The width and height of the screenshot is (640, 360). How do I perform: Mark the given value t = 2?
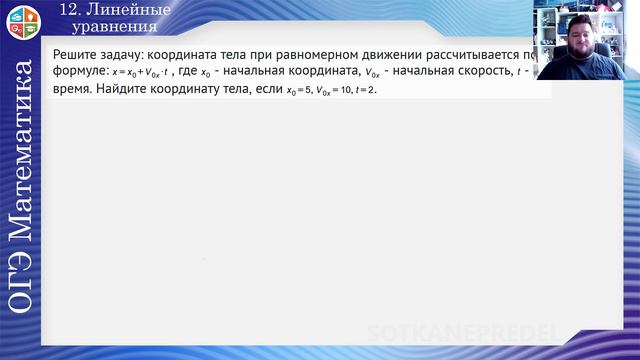pos(369,90)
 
